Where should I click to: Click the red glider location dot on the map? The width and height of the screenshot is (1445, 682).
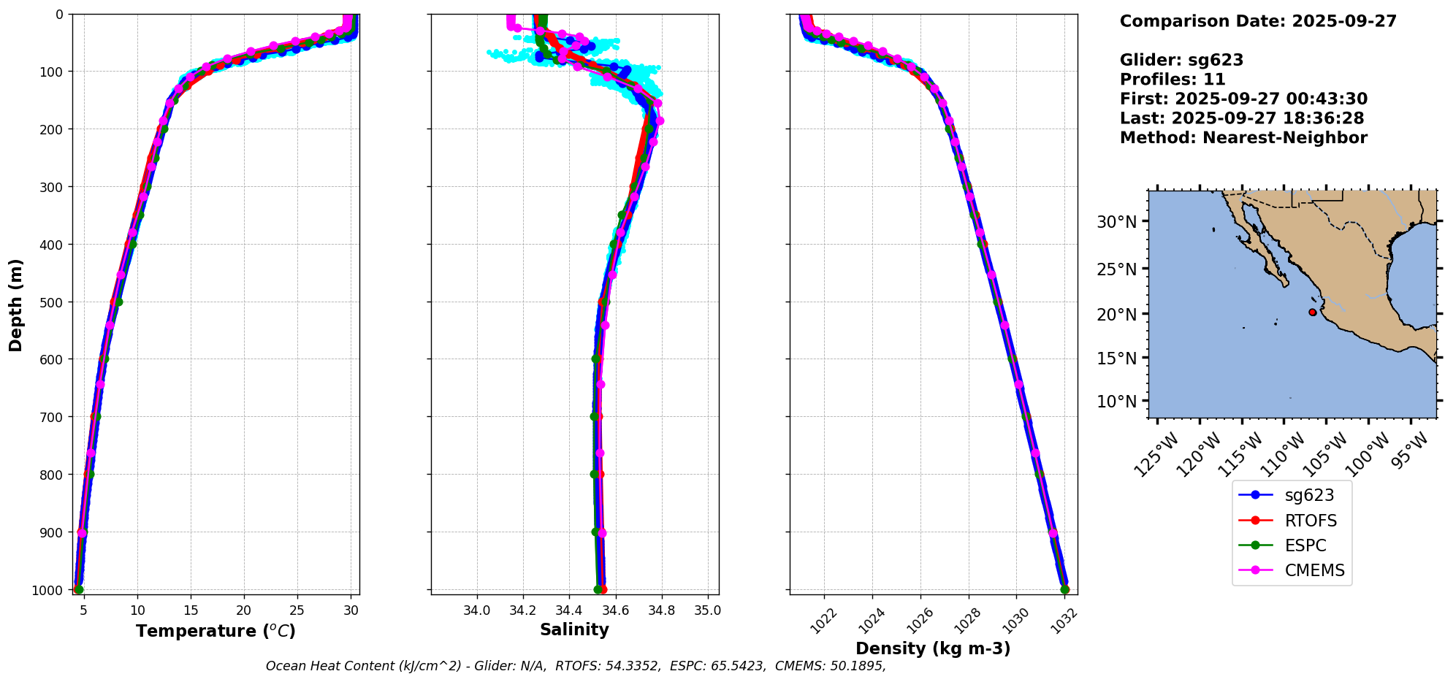1312,312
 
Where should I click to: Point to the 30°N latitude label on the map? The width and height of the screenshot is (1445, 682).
1117,222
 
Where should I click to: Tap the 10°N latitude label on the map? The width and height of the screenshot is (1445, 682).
1117,402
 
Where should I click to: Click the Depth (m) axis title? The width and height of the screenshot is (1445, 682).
15,304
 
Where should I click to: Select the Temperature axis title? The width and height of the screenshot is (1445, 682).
216,631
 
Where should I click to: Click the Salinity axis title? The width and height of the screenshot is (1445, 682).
574,629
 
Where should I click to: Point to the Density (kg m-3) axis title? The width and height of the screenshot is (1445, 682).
933,648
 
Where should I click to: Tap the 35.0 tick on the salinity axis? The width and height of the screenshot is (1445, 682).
707,610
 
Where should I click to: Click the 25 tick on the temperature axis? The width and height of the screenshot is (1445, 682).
297,610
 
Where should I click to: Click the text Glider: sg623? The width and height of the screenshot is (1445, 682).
1181,60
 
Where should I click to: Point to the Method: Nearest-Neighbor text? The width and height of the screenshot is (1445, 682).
1243,137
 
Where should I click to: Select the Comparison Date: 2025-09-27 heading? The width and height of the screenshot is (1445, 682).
1258,21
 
